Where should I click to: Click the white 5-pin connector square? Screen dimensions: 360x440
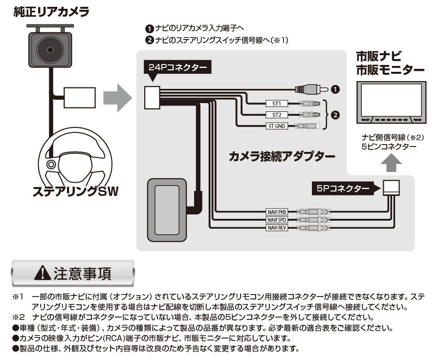(x=391, y=188)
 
